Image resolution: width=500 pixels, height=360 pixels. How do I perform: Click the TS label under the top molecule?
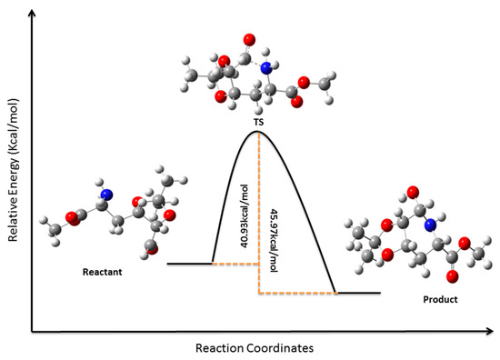(258, 118)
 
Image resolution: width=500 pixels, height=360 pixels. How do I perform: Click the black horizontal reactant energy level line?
(190, 264)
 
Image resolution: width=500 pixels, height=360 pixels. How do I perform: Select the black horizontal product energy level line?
(358, 293)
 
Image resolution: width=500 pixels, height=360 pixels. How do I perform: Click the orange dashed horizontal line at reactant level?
(236, 264)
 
